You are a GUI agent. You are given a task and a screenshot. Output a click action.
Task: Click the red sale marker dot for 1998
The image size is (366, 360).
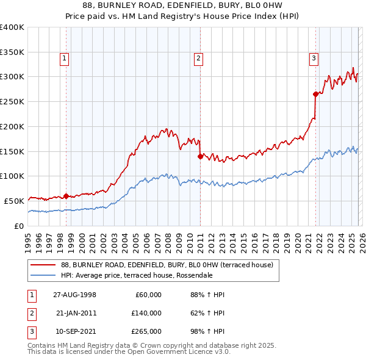point(66,196)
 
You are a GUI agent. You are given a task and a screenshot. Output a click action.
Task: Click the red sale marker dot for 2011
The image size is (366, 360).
point(200,156)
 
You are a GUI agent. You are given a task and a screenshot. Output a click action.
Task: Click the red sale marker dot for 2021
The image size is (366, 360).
point(315,94)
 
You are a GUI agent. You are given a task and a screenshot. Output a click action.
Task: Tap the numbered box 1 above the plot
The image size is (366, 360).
point(64,59)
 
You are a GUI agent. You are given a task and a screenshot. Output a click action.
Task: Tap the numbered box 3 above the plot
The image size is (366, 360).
point(314,59)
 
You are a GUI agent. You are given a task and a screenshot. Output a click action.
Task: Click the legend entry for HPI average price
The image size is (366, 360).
point(136,275)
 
